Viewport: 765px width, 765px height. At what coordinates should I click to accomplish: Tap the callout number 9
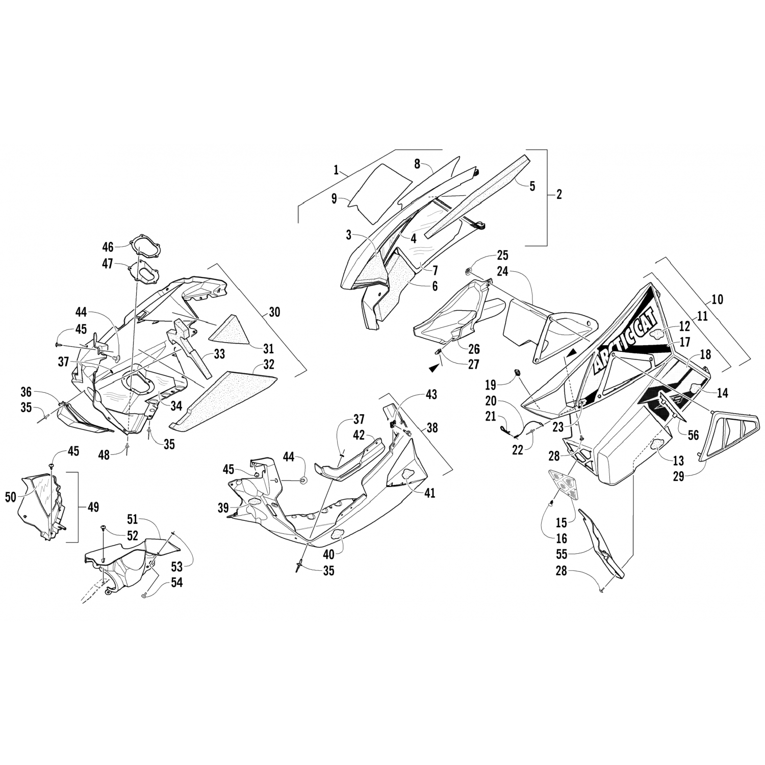point(334,199)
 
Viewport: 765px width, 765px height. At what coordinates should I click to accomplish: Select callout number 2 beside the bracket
point(559,194)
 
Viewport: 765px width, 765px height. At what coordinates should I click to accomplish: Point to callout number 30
point(274,312)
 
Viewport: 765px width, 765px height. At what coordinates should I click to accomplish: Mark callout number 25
point(502,256)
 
